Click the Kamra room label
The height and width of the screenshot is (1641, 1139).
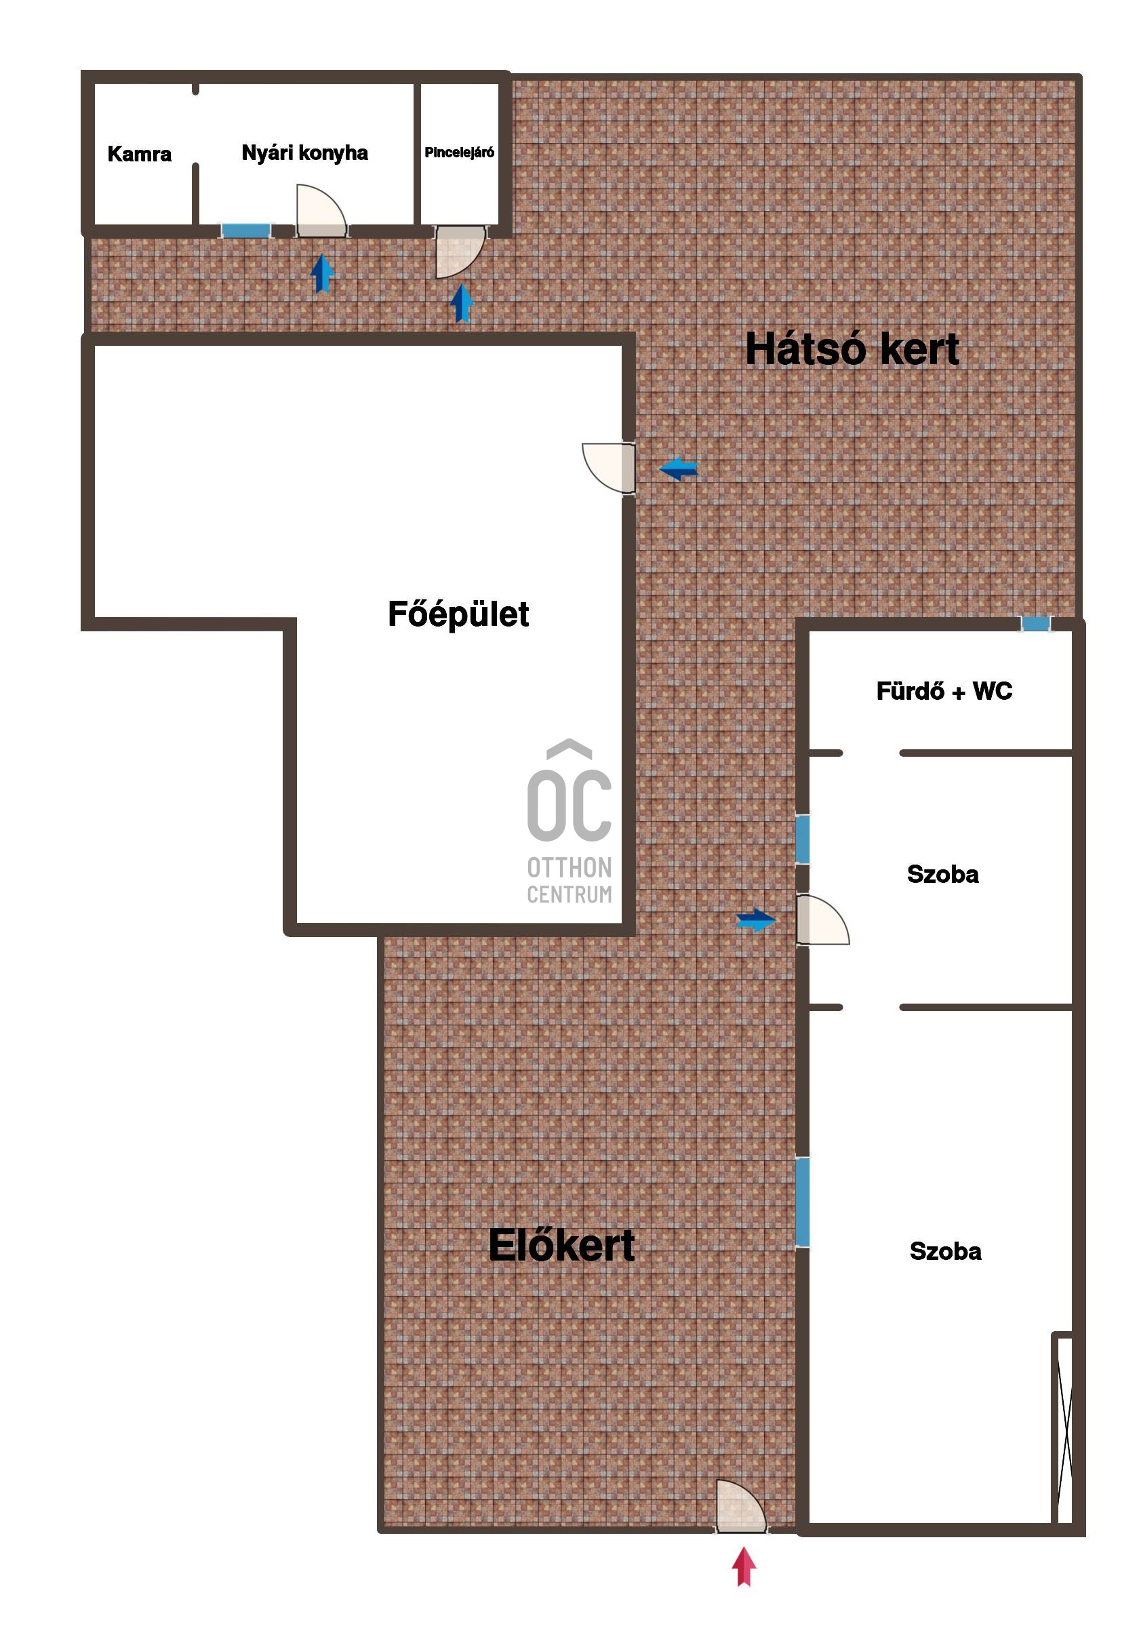point(139,153)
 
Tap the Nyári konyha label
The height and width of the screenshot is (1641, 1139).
point(304,153)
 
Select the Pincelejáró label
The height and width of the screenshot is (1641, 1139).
point(460,152)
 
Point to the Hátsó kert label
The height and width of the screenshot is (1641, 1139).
point(852,349)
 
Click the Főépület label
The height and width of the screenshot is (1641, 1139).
point(458,614)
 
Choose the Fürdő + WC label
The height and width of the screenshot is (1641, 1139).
point(944,691)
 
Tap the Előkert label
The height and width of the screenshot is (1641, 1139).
point(561,1246)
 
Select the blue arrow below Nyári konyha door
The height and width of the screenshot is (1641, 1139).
point(323,273)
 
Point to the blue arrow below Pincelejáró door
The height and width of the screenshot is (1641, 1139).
point(462,303)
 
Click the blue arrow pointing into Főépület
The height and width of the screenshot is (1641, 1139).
point(679,469)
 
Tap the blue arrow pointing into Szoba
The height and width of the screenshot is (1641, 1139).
point(757,920)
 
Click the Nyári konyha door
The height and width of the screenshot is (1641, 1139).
point(322,212)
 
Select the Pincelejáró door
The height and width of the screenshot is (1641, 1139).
point(461,252)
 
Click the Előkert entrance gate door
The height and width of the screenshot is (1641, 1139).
point(742,1506)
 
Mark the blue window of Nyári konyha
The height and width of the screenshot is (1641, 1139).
point(245,231)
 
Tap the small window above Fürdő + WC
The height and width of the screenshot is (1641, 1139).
point(1035,624)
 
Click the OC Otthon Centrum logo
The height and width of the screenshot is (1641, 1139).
point(569,822)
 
